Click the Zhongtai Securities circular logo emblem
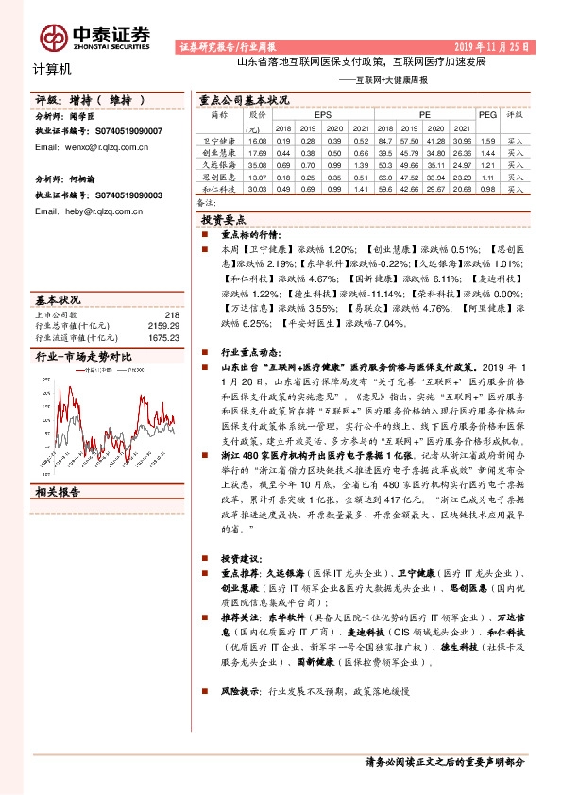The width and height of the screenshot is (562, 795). pyautogui.click(x=52, y=36)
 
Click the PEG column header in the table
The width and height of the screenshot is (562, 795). pyautogui.click(x=487, y=114)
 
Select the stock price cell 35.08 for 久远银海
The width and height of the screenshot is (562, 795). pyautogui.click(x=257, y=164)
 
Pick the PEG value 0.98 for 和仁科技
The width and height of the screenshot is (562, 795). pyautogui.click(x=487, y=189)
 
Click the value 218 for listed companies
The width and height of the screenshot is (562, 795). pyautogui.click(x=171, y=314)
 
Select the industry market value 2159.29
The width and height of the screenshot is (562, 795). pyautogui.click(x=163, y=325)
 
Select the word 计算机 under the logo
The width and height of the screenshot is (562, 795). pyautogui.click(x=52, y=69)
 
